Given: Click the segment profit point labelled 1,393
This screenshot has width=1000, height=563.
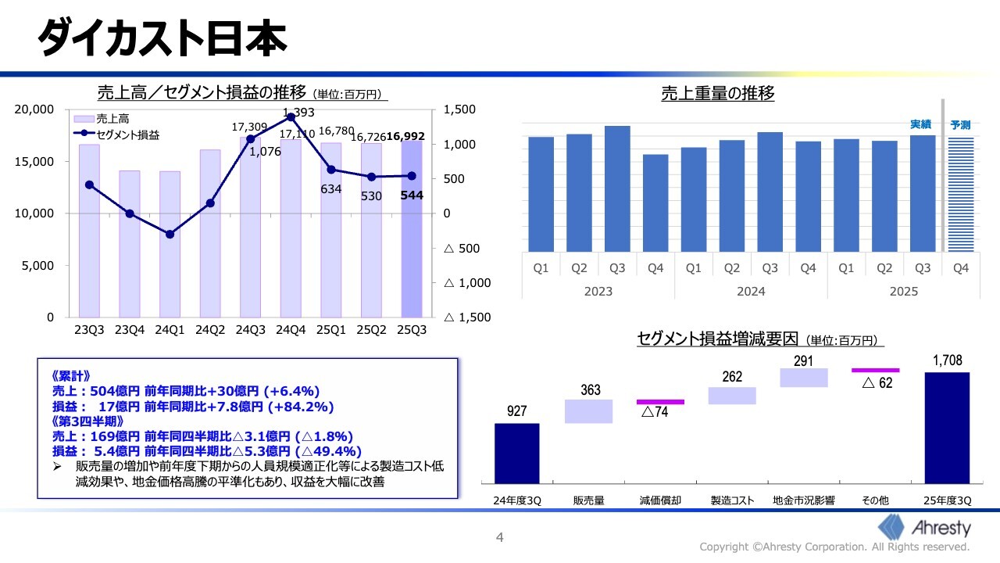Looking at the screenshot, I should pyautogui.click(x=291, y=117).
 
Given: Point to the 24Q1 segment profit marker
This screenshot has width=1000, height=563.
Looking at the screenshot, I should pyautogui.click(x=170, y=234).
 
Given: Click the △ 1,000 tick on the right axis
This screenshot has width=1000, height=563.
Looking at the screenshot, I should pyautogui.click(x=467, y=283).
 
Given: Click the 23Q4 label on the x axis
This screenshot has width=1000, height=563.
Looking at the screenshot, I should pyautogui.click(x=130, y=330).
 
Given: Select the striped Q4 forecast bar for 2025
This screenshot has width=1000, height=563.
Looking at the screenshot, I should pyautogui.click(x=960, y=195).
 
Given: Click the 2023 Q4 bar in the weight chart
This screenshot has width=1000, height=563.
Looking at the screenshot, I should pyautogui.click(x=655, y=203).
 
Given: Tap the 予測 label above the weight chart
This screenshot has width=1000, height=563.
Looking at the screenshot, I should pyautogui.click(x=960, y=124).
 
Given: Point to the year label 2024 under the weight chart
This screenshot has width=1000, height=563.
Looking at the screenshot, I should pyautogui.click(x=751, y=292).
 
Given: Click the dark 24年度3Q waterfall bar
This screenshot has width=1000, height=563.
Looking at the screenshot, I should pyautogui.click(x=516, y=454).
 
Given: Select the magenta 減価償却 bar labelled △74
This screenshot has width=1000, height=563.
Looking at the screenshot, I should pyautogui.click(x=660, y=402).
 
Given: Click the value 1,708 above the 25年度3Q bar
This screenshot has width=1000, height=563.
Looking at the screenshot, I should pyautogui.click(x=947, y=360).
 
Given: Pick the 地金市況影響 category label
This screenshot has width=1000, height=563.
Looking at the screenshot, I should pyautogui.click(x=803, y=500).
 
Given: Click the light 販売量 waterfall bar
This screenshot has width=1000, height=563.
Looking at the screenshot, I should pyautogui.click(x=588, y=411).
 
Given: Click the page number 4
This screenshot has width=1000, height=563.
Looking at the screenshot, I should pyautogui.click(x=500, y=537).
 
